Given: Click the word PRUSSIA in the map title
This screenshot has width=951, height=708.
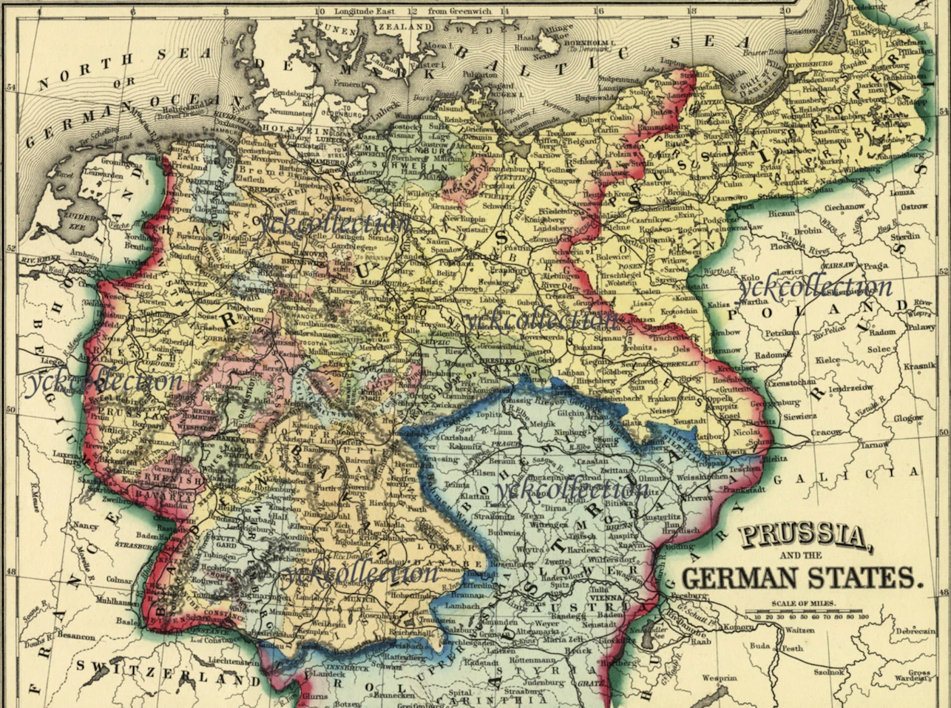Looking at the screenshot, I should pos(804,537).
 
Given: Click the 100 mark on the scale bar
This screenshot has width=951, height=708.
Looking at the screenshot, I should pos(863,616).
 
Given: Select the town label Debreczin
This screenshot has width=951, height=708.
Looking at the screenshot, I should pos(913,632).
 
